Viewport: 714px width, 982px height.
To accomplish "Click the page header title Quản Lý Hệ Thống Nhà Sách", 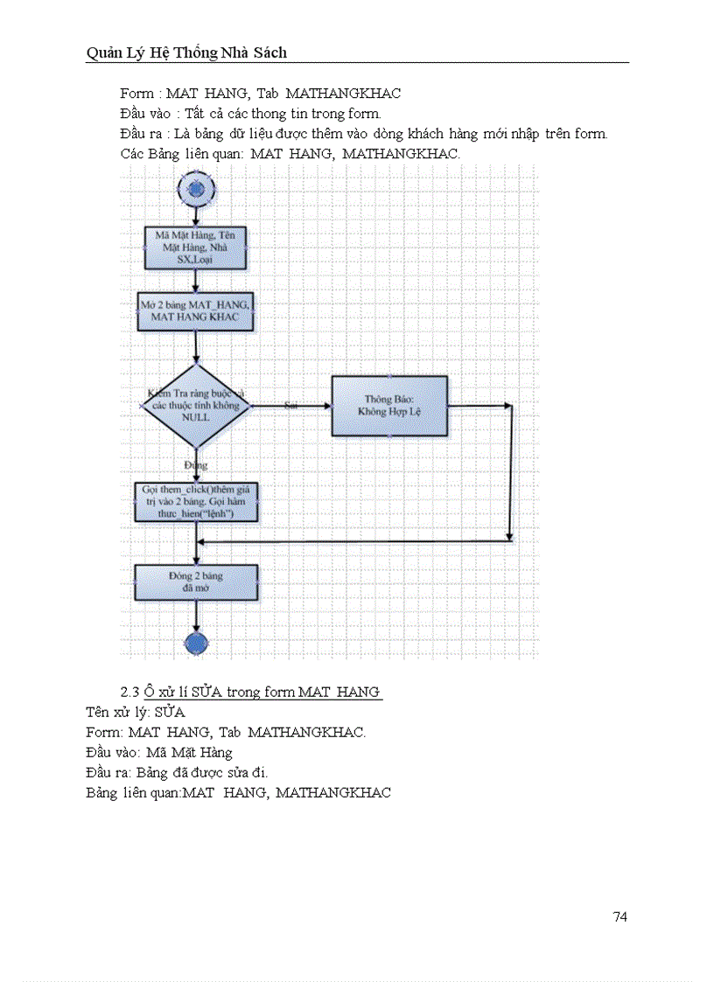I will pyautogui.click(x=186, y=53).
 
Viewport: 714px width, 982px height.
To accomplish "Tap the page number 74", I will pyautogui.click(x=619, y=916).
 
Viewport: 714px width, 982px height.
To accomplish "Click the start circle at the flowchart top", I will pyautogui.click(x=196, y=188).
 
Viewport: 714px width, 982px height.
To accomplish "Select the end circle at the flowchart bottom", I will pyautogui.click(x=196, y=644).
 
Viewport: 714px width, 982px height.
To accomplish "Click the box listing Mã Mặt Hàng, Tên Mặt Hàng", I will pyautogui.click(x=196, y=247).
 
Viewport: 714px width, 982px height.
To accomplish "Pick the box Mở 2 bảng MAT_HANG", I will pyautogui.click(x=196, y=310).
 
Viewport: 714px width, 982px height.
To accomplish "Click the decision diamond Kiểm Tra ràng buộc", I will pyautogui.click(x=196, y=406).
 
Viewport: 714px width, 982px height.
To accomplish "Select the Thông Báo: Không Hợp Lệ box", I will pyautogui.click(x=389, y=406).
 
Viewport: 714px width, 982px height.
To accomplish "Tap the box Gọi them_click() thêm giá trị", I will pyautogui.click(x=196, y=502).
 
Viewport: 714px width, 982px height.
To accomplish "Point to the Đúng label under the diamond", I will pyautogui.click(x=196, y=465).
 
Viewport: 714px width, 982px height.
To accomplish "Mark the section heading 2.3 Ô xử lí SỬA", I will pyautogui.click(x=251, y=692).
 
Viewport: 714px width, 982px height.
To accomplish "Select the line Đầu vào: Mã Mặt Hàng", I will pyautogui.click(x=159, y=752).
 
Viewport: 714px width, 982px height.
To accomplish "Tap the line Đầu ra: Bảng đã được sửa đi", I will pyautogui.click(x=177, y=772).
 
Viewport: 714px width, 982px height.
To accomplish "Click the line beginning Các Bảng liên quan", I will pyautogui.click(x=290, y=153).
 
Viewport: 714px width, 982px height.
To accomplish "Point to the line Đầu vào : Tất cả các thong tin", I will pyautogui.click(x=250, y=113).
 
